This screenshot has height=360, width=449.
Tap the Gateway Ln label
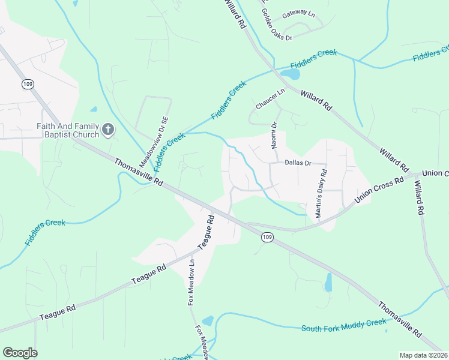point(298,12)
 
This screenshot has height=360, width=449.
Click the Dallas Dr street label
point(298,163)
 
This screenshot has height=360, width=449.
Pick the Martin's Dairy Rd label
point(322,194)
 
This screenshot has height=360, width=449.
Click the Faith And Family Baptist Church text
point(67,130)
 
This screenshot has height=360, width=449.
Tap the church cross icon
point(108,130)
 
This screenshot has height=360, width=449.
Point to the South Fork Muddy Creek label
point(343,326)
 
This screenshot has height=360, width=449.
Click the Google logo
point(20,353)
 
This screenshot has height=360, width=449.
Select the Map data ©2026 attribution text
point(423,355)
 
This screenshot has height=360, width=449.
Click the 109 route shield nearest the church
point(28,85)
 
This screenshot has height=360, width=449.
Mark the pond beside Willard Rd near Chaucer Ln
point(291,75)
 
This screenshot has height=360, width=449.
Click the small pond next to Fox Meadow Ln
point(208,321)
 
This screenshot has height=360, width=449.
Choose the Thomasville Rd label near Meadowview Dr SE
point(139,171)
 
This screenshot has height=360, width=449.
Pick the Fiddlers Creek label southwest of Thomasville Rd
point(45,232)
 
